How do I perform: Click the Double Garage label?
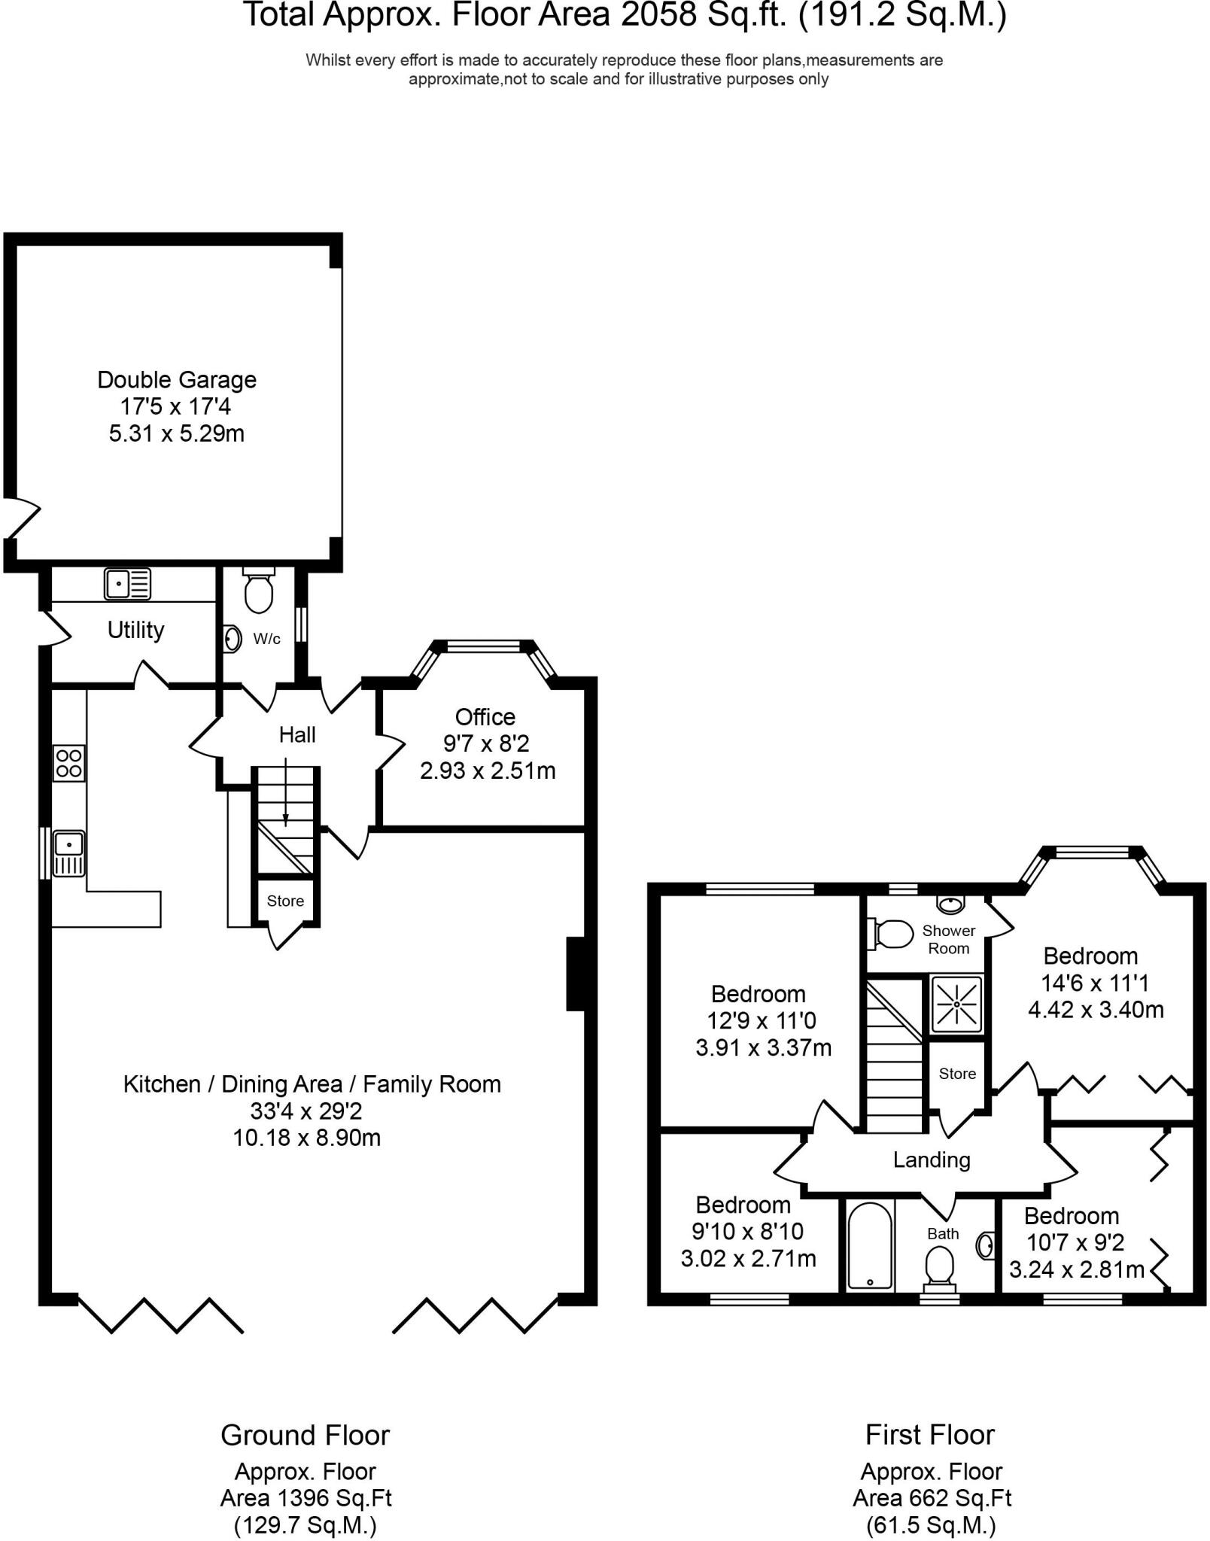point(177,380)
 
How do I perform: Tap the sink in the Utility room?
point(128,583)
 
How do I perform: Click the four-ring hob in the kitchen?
point(68,763)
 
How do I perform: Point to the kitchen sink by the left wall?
point(68,853)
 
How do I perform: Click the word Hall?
point(297,735)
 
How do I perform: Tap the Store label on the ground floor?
point(285,901)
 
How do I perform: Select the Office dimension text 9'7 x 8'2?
point(486,743)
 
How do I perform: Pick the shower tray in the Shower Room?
point(956,1004)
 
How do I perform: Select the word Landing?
point(932,1160)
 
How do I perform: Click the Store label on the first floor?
point(957,1074)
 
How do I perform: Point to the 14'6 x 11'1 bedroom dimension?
point(1095,983)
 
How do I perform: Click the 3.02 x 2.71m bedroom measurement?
point(749,1258)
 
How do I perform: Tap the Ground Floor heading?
point(305,1435)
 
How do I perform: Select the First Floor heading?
point(930,1434)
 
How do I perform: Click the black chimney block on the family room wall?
point(576,973)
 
